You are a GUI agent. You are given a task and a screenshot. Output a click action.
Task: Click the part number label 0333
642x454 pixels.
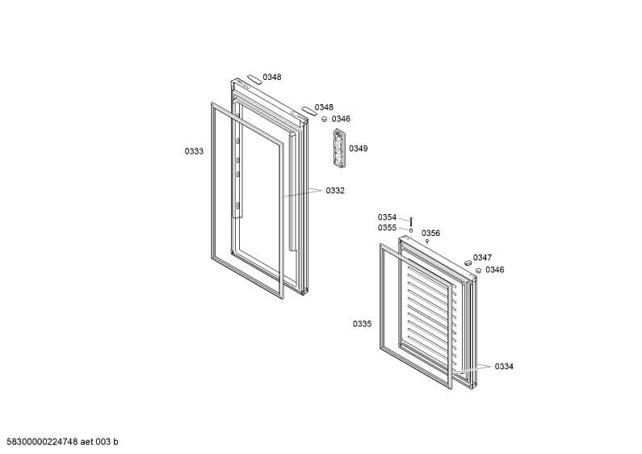click(194, 151)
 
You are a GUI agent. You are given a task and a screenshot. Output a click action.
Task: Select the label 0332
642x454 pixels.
click(335, 191)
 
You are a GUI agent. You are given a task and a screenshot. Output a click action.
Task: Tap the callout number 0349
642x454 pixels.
click(359, 149)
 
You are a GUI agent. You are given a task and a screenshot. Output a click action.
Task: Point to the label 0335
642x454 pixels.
click(363, 324)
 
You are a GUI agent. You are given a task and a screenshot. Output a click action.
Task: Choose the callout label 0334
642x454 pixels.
click(504, 366)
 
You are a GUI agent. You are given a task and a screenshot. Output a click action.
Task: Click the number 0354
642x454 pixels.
click(387, 217)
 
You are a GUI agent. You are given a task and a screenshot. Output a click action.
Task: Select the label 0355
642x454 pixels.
click(387, 228)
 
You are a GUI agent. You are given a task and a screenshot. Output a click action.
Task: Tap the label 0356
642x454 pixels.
click(430, 233)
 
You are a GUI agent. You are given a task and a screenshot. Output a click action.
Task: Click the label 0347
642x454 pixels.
click(482, 258)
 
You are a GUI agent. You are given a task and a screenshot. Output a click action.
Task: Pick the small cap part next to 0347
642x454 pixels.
click(468, 262)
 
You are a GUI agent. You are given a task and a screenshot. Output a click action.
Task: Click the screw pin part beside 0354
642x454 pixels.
click(411, 221)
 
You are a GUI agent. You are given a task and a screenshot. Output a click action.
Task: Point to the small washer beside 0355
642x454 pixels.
click(411, 230)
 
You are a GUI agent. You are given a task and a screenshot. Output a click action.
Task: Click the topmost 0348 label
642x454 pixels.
click(272, 77)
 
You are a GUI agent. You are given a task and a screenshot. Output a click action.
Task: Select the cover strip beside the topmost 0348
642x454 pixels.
click(253, 79)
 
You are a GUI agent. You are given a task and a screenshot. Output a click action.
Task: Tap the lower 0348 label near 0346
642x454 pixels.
click(324, 107)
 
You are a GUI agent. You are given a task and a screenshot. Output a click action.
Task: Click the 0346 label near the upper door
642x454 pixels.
click(341, 119)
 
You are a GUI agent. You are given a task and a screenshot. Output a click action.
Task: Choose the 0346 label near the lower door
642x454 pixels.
click(494, 270)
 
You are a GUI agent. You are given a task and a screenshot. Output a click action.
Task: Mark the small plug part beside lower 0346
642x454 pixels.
click(478, 270)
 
